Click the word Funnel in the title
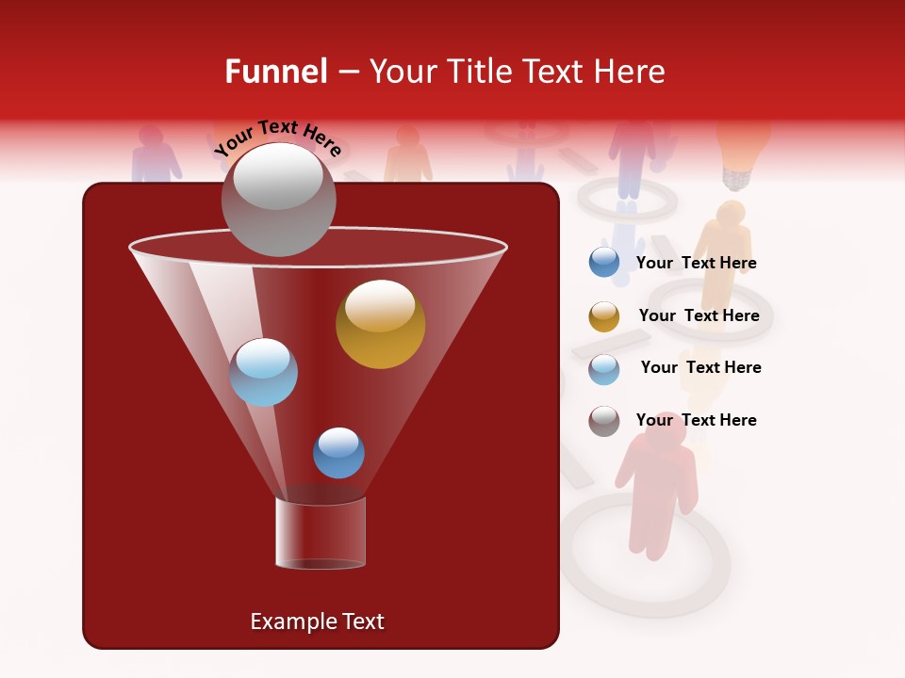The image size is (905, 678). tap(275, 72)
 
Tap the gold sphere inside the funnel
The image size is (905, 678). tap(380, 324)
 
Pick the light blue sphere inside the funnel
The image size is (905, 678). tap(263, 372)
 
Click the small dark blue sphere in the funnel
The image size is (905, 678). tap(338, 453)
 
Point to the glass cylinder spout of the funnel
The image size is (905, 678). tap(320, 533)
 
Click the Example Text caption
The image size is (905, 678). tap(317, 621)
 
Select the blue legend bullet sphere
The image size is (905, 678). tap(604, 263)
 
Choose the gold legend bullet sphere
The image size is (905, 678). tap(604, 316)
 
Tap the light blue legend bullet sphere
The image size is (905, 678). tap(604, 369)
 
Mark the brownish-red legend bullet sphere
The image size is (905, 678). tap(604, 421)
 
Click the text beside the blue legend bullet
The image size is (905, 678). tap(696, 263)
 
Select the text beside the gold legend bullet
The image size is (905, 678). tap(699, 315)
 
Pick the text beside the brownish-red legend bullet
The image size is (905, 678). tap(696, 420)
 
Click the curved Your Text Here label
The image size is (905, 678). tap(277, 137)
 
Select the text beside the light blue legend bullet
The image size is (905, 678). tap(700, 367)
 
